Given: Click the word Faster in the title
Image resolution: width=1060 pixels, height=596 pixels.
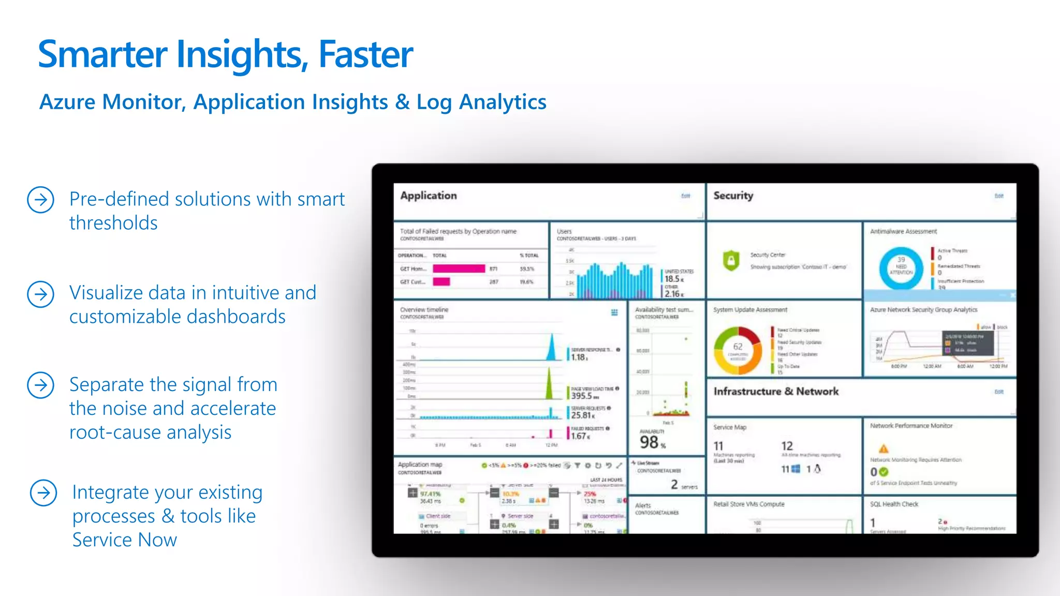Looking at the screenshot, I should pos(365,54).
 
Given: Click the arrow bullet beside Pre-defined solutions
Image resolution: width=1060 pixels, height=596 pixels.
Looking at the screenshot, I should pos(40,200).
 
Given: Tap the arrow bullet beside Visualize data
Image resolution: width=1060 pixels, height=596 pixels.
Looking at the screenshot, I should pos(40,294).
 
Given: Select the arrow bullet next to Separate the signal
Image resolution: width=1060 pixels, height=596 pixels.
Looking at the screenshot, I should pos(40,385).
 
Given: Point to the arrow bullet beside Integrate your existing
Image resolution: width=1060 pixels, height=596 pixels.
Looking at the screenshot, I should pos(43,493).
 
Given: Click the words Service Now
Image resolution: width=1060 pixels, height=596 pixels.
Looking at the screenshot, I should pos(124,540).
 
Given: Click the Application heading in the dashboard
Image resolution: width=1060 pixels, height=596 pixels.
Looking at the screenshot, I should pos(429,196).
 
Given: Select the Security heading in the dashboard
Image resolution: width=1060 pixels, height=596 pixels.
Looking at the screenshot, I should pos(733,196).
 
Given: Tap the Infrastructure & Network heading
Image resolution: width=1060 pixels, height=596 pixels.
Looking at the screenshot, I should pos(775,392).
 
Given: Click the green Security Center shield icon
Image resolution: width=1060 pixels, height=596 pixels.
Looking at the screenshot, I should pos(730,260).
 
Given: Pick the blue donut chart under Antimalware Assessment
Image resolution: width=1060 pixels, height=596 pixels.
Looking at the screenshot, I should pos(901,268).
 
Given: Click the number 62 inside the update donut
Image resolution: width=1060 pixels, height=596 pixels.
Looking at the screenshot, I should pos(738,347).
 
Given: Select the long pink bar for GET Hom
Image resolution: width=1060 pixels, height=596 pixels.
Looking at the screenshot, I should pos(459,269).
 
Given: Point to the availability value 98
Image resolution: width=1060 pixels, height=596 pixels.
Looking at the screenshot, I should pos(649,442).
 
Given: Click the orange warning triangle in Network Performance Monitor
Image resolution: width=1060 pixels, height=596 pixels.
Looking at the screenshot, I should pos(883,449).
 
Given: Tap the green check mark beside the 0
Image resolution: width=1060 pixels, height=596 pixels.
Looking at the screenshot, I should pos(884,472).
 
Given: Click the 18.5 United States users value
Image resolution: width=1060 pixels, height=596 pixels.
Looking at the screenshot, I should pos(672,279).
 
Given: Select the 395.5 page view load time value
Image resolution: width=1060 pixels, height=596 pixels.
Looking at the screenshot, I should pos(581,396).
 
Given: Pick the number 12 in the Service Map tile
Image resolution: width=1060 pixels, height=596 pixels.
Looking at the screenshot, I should pos(787,446).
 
